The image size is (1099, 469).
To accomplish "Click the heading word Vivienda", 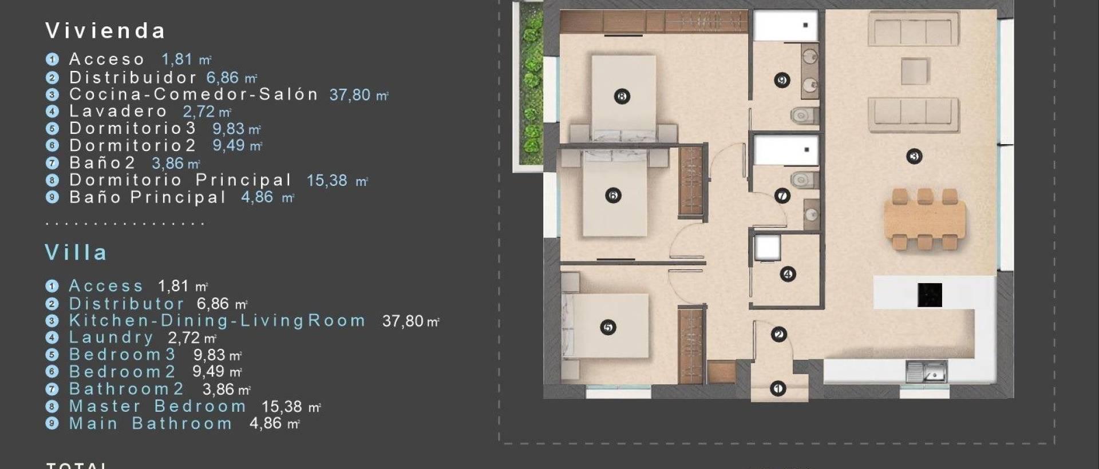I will coord(105,31).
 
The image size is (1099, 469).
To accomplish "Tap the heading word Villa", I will coord(76,253).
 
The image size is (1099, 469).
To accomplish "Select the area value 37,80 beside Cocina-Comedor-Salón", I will coord(350,94).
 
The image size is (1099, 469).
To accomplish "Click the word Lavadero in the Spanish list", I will coord(118,111).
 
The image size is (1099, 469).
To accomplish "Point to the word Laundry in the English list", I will coord(111,337).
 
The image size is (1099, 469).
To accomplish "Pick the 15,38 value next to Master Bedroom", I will coord(282,407).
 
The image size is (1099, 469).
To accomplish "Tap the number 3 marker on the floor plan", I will coord(914,156).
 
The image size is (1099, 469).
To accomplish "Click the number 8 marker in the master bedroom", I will coord(622,96).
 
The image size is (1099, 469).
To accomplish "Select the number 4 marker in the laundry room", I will coord(788,274).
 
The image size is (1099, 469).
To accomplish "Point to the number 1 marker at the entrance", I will coord(777,389).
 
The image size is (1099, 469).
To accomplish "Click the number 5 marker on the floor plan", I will coord(608,327).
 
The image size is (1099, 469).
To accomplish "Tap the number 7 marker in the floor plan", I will coord(782,196).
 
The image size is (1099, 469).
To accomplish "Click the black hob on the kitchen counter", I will coord(929,295).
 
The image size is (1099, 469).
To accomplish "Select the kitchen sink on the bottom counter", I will coord(926,372).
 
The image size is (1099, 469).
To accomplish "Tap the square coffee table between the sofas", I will coord(915,71).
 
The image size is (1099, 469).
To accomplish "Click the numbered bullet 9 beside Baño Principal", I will coord(52,197).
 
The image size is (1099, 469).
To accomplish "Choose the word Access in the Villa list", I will coord(106,286).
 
